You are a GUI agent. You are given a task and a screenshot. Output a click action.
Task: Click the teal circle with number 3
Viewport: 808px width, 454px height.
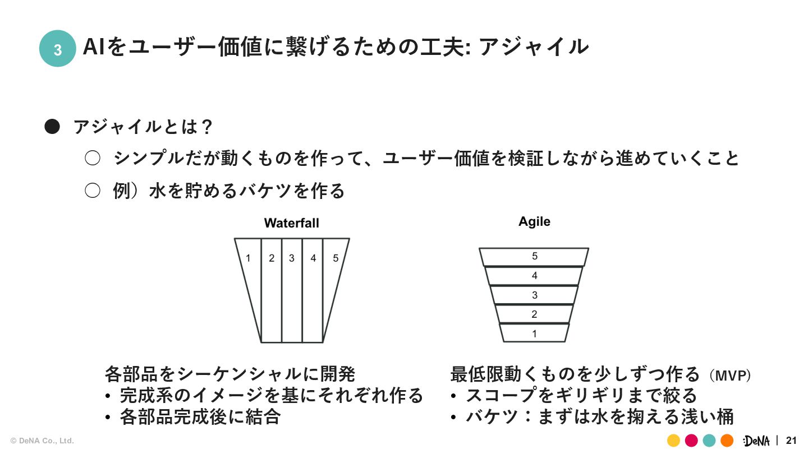click(x=57, y=49)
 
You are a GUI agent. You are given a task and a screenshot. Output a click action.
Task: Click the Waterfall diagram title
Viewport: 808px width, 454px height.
click(x=291, y=223)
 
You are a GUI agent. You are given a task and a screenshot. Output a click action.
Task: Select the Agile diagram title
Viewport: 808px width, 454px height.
click(x=534, y=221)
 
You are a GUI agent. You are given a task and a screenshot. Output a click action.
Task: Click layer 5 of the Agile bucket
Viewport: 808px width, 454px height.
click(x=534, y=257)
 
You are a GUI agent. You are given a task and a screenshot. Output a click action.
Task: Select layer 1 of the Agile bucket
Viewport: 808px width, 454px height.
click(x=534, y=333)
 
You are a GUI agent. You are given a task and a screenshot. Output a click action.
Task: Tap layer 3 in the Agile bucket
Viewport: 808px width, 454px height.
click(x=534, y=295)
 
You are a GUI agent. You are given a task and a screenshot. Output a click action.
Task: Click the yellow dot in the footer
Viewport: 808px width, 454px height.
click(x=673, y=441)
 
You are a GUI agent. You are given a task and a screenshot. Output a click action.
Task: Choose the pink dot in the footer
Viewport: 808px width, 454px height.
click(x=691, y=441)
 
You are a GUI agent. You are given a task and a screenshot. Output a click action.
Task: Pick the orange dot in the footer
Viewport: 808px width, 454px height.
click(x=727, y=441)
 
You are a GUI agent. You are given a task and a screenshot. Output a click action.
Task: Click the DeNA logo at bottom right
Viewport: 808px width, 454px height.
click(x=756, y=441)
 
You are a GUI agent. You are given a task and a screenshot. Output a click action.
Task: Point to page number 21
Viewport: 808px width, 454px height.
click(x=791, y=441)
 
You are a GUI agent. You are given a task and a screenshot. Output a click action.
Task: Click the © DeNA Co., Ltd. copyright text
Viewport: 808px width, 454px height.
click(x=42, y=441)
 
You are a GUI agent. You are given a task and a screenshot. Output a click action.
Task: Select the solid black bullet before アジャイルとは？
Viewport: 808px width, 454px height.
click(x=52, y=127)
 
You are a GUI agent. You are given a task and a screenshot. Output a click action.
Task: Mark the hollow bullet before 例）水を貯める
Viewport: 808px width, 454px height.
click(x=92, y=191)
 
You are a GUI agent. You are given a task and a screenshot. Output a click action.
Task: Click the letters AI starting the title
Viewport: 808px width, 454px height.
click(x=94, y=47)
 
